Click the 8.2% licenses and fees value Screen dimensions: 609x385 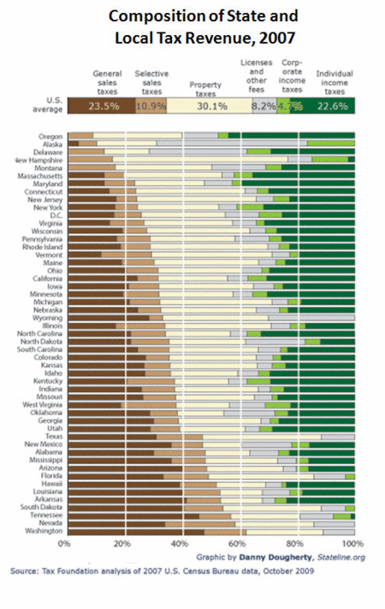click(263, 106)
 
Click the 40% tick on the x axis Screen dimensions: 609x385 click(180, 543)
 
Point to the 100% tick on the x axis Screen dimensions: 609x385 click(351, 543)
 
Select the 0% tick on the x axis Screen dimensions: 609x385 click(65, 543)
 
